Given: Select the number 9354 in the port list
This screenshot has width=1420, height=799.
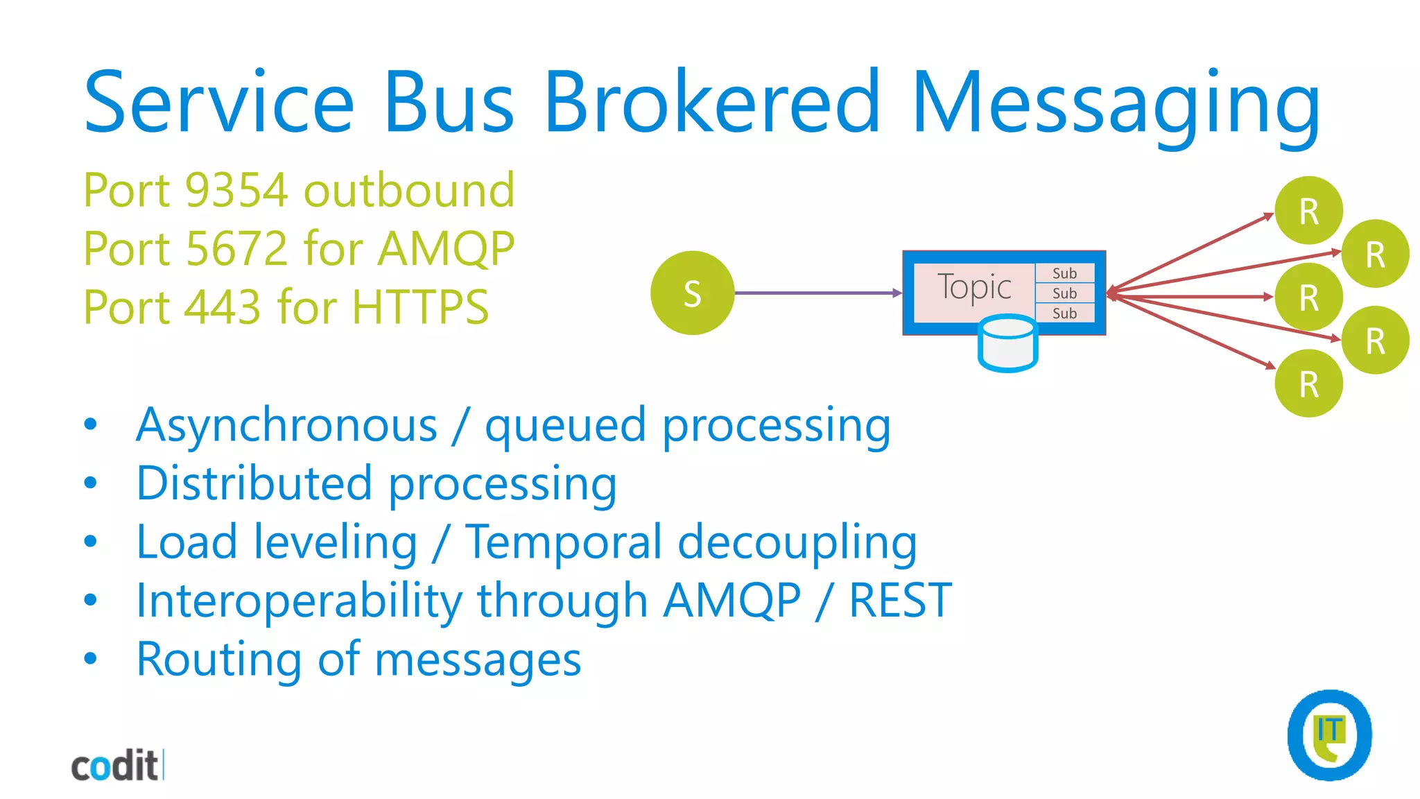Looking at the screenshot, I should click(x=236, y=190).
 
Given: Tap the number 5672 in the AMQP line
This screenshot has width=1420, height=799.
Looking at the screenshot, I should click(x=236, y=248).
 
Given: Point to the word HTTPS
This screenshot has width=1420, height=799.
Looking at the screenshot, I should click(x=420, y=307).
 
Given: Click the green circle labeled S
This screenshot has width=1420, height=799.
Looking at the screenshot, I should click(x=692, y=293).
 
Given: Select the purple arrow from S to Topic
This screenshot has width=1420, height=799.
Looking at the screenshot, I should click(x=818, y=293).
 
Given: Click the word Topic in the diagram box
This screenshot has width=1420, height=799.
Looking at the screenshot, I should click(x=973, y=287).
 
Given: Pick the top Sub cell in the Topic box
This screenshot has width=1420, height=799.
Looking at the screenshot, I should click(x=1064, y=273).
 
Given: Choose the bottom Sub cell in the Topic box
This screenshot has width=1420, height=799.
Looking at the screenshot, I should click(x=1064, y=313).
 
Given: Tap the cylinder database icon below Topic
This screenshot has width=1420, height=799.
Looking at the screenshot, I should click(x=1007, y=344).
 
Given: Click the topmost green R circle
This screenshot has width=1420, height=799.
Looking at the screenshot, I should click(x=1308, y=211).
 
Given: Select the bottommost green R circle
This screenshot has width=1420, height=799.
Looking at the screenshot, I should click(x=1308, y=384).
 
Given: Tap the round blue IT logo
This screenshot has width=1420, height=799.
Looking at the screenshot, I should click(x=1329, y=735).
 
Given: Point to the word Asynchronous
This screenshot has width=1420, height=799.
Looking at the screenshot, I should click(x=287, y=425).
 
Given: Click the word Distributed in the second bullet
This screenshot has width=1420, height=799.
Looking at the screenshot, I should click(x=254, y=483).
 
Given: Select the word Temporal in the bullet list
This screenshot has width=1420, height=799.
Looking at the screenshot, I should click(x=564, y=542).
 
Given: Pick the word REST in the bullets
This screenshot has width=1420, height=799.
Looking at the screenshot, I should click(x=900, y=601).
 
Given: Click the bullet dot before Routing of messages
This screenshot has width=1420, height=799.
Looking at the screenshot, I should click(x=90, y=658).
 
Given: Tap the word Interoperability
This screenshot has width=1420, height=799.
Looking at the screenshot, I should click(x=299, y=601).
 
